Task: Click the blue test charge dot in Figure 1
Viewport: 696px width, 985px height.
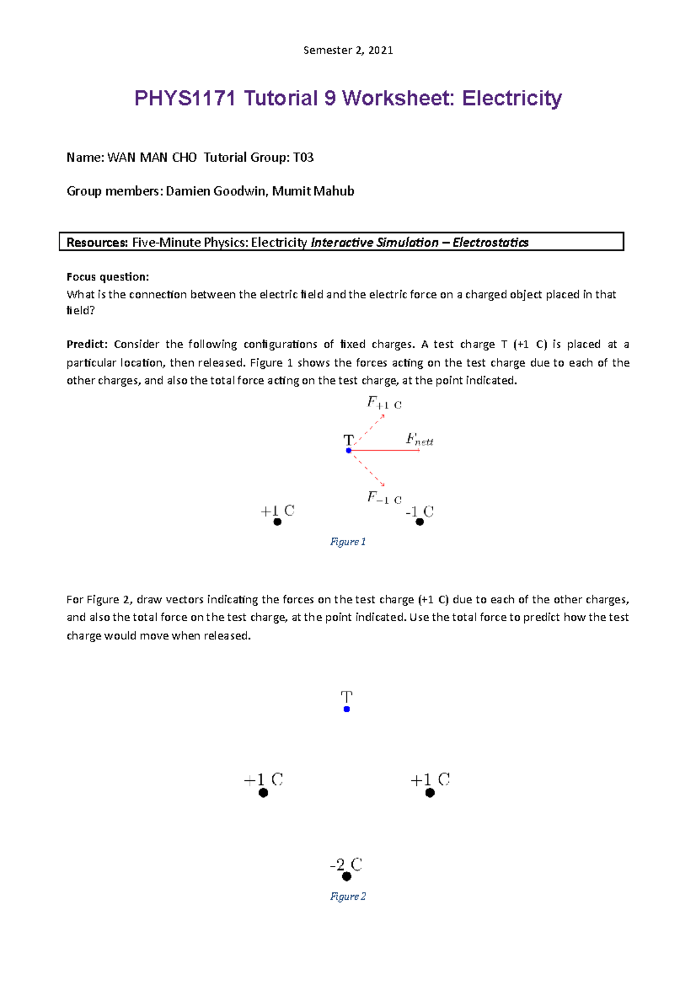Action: [x=349, y=450]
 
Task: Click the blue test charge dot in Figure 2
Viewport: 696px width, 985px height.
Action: [x=347, y=709]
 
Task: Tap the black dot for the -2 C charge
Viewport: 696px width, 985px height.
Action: [x=347, y=876]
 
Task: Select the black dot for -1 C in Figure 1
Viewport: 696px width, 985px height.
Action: [x=420, y=522]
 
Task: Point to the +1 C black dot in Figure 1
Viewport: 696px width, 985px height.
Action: [x=277, y=522]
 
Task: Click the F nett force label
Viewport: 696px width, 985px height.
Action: [x=419, y=440]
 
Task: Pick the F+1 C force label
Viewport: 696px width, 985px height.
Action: [x=384, y=403]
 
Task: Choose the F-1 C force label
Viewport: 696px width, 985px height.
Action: [x=384, y=498]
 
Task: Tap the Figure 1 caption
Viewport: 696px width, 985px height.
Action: [x=348, y=541]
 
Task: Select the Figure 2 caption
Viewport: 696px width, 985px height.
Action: [x=348, y=896]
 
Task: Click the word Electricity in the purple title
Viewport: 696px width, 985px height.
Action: [x=512, y=98]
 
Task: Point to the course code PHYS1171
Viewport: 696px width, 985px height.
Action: [x=185, y=98]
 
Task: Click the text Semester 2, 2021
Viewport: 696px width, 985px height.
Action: [x=348, y=50]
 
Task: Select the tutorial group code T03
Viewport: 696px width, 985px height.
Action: [x=303, y=157]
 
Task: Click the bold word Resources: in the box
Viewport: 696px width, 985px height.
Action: [x=97, y=242]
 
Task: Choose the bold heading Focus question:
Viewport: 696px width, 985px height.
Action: [x=108, y=277]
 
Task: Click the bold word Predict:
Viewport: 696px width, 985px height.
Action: [x=87, y=344]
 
